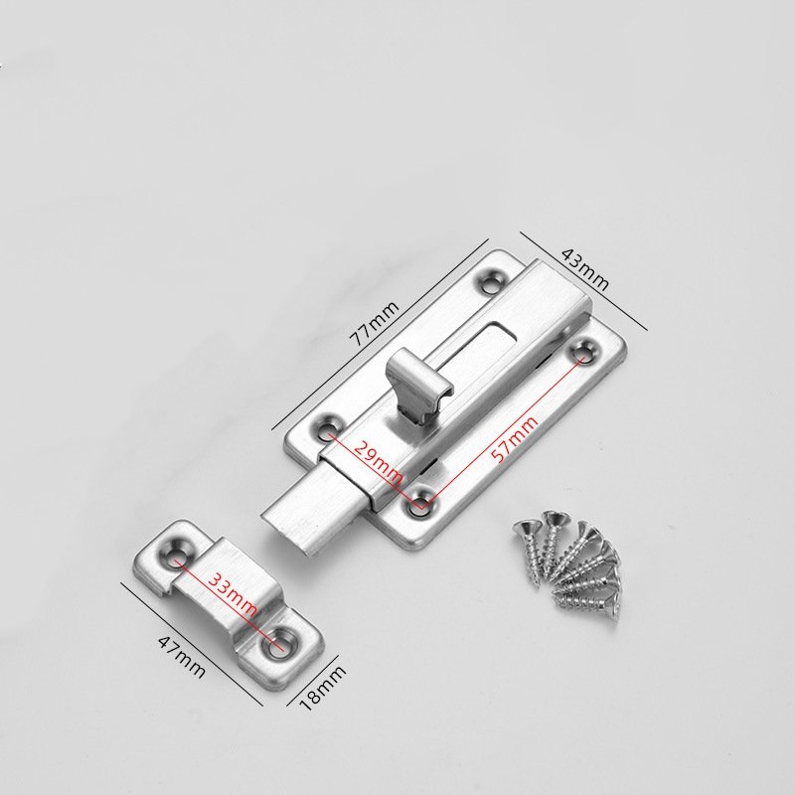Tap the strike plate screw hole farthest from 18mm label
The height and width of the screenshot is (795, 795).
(x=178, y=549)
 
